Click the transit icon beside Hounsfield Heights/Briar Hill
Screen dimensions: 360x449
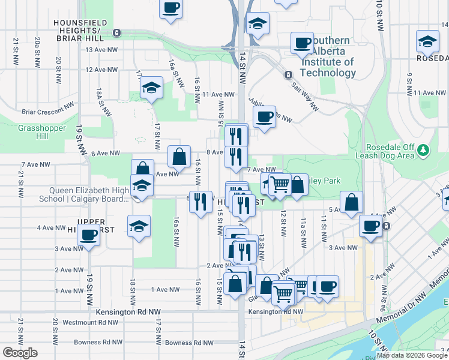[x=116, y=32]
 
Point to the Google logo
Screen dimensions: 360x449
[x=19, y=353]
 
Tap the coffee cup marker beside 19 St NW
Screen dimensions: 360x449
[x=89, y=235]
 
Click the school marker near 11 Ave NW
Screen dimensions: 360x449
[x=152, y=88]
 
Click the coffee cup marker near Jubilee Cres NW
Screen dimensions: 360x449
[x=264, y=117]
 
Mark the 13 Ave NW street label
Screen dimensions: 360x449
[x=100, y=49]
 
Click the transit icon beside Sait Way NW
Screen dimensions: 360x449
[x=288, y=75]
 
